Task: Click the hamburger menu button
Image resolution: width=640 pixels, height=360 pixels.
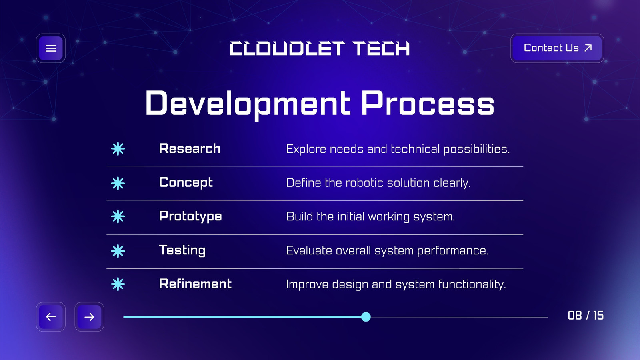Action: (50, 48)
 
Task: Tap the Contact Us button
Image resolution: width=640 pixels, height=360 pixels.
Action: (557, 48)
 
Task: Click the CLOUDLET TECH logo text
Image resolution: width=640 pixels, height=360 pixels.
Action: (320, 48)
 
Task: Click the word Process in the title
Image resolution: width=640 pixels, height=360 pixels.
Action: (428, 103)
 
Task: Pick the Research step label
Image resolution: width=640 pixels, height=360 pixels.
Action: (190, 148)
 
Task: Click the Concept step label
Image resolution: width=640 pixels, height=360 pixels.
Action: (186, 183)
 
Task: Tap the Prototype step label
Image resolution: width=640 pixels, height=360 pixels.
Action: (190, 216)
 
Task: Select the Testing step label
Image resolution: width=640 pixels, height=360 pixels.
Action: (182, 250)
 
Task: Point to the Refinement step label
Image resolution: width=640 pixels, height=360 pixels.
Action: (196, 284)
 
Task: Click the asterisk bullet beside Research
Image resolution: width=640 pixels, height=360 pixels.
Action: (118, 149)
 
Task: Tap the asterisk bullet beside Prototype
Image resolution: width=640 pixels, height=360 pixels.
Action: (118, 216)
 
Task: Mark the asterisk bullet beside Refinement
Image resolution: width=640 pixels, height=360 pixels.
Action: (118, 284)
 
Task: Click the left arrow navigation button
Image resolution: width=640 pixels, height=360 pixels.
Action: (50, 317)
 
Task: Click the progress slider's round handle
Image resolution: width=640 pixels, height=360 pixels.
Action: (366, 317)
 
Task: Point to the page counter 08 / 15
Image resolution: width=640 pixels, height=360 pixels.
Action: (586, 316)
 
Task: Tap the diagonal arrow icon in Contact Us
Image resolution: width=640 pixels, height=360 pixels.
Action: (588, 48)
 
